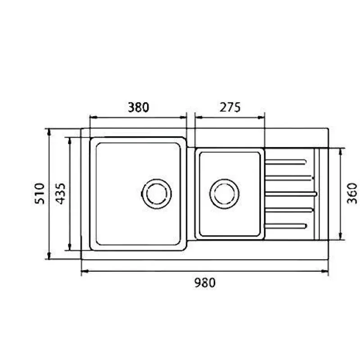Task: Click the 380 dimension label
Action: pos(139,107)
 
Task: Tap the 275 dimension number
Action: pos(230,107)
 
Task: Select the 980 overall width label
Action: pos(205,283)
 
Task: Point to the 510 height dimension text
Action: pos(40,193)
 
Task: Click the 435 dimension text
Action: pos(61,193)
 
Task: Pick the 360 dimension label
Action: pos(352,193)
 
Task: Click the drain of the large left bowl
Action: pos(157,194)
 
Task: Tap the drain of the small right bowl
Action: pos(224,194)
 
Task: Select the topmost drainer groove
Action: pos(286,162)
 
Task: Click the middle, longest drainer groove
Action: pos(291,194)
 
